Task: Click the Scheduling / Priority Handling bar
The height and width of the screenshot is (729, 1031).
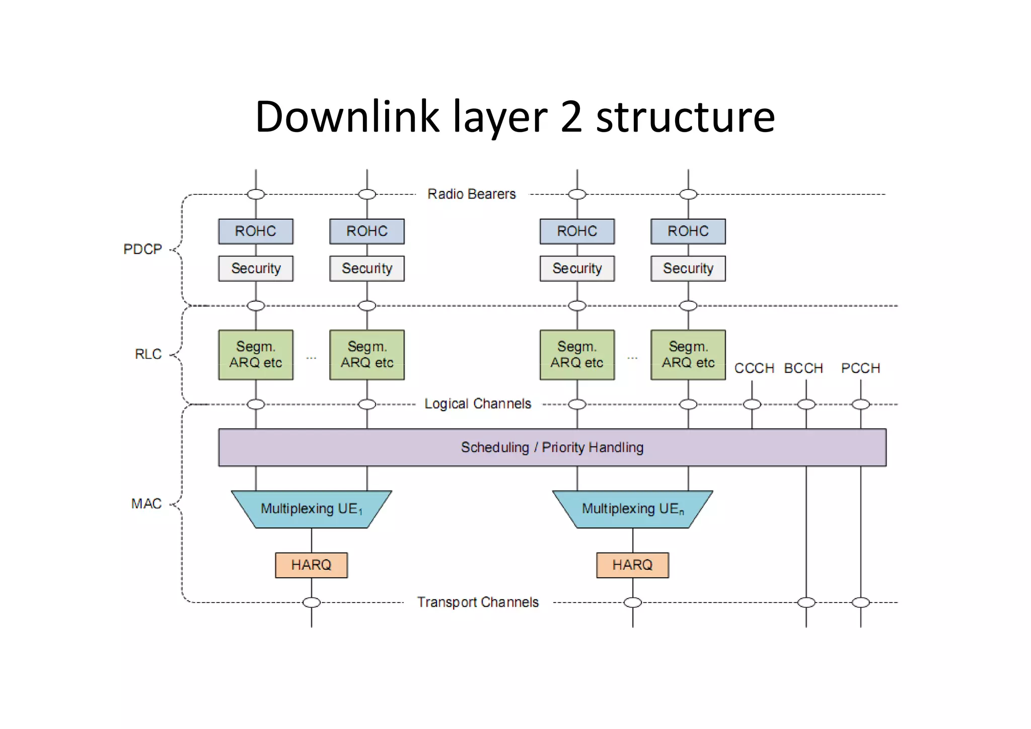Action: click(x=552, y=447)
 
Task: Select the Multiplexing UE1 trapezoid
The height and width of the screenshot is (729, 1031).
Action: click(x=311, y=509)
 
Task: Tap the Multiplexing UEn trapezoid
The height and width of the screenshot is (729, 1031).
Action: click(x=632, y=509)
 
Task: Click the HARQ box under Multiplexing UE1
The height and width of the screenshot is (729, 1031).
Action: click(x=311, y=565)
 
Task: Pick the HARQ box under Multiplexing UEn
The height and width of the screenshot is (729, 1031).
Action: click(x=632, y=565)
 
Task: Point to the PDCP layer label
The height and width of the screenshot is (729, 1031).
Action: click(x=142, y=249)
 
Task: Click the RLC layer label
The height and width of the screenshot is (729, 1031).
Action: click(x=148, y=354)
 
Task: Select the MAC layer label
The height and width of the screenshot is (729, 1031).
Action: click(x=146, y=503)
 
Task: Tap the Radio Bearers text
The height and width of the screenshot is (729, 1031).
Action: click(x=471, y=194)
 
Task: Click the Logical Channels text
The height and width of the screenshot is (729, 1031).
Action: click(x=477, y=404)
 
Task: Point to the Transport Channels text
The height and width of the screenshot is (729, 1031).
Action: click(x=477, y=602)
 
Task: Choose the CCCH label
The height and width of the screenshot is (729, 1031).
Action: click(x=754, y=368)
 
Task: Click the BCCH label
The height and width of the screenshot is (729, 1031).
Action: click(x=803, y=368)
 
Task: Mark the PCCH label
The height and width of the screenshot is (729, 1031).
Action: click(x=860, y=368)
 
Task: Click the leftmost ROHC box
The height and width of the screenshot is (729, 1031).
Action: click(x=256, y=231)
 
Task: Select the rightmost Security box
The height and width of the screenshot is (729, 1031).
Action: click(x=688, y=269)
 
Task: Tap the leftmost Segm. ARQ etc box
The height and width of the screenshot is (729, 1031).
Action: click(x=256, y=355)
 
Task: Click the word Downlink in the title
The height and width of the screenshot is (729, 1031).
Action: click(x=347, y=117)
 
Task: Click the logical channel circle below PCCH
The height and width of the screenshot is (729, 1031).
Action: click(x=860, y=404)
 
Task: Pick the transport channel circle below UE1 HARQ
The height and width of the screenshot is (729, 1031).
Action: click(x=311, y=602)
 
